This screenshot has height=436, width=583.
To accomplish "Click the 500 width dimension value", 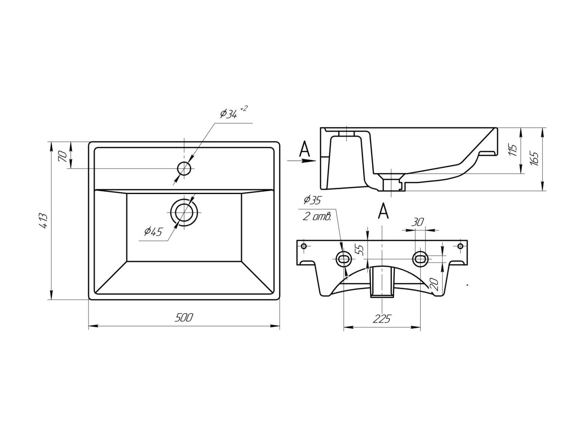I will (x=184, y=317).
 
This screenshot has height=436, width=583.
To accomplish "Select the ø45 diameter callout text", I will (x=153, y=232).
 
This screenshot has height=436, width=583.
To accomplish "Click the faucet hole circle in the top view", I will (x=184, y=168).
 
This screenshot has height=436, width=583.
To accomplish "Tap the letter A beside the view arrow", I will (x=305, y=149).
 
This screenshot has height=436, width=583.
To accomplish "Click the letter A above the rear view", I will (x=383, y=211).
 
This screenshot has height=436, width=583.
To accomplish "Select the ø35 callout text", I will (x=312, y=200).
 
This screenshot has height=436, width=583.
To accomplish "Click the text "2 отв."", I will (x=318, y=217).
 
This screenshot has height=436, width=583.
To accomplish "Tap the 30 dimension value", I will (x=418, y=222).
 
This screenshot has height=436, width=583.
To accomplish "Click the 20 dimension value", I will (x=434, y=285).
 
